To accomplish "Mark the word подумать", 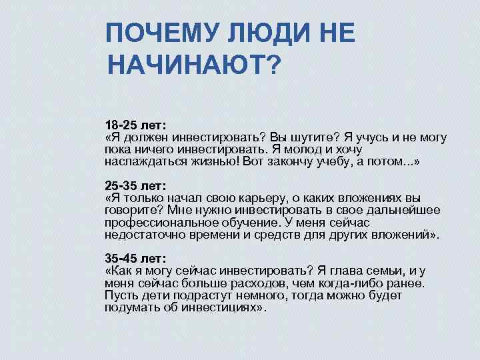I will point(131,307).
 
